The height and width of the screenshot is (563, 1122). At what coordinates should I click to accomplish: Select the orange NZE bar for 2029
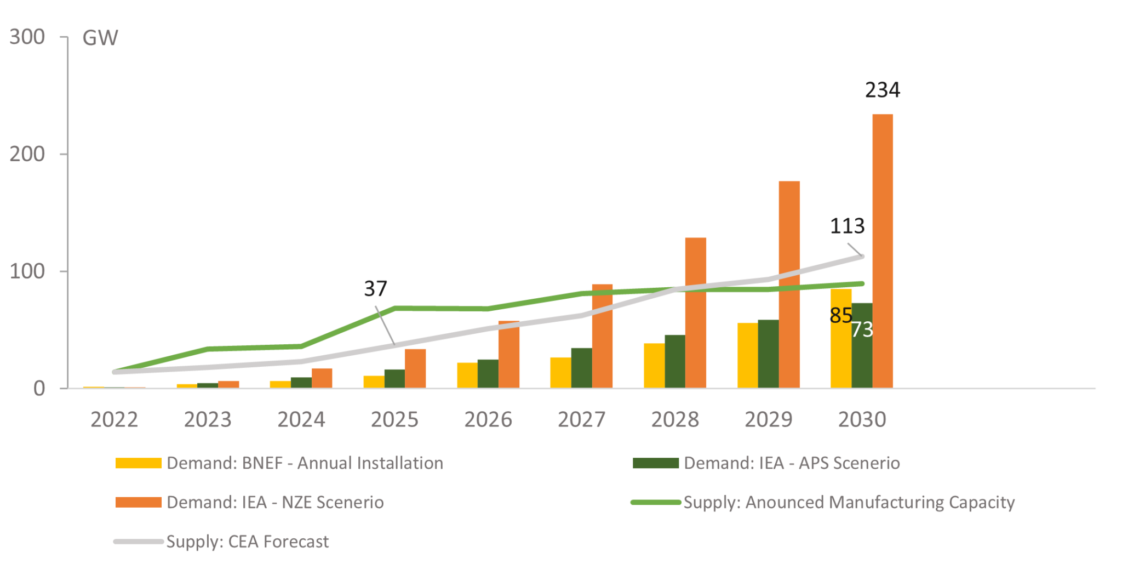[789, 285]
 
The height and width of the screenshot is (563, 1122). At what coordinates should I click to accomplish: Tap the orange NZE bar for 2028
[695, 312]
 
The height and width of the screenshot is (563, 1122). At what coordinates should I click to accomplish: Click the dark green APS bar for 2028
[674, 361]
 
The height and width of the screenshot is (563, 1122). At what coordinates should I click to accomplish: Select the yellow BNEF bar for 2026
[467, 375]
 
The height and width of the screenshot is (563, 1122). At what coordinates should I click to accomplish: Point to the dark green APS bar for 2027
[581, 368]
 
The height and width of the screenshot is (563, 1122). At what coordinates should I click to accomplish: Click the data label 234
[882, 90]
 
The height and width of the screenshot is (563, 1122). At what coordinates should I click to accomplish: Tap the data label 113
[847, 226]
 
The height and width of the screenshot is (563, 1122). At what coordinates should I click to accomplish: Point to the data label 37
[375, 288]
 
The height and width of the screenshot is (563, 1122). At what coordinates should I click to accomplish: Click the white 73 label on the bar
[862, 329]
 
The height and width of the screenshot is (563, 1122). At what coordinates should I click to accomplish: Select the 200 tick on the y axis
[27, 154]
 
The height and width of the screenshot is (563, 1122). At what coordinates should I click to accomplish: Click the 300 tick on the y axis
[27, 37]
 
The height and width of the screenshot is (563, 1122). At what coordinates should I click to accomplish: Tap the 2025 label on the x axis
[394, 419]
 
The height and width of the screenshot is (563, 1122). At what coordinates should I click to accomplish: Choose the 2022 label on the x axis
[114, 419]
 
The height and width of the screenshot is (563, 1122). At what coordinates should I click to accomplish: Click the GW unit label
[100, 38]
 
